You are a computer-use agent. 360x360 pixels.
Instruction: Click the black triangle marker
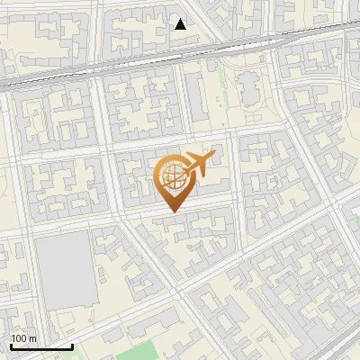tap(181, 24)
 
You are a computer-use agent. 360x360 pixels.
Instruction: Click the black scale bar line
tap(40, 346)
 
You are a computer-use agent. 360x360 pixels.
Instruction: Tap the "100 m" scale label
tap(23, 338)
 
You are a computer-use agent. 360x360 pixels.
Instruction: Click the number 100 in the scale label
tap(20, 338)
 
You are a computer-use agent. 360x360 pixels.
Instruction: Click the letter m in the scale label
tap(32, 338)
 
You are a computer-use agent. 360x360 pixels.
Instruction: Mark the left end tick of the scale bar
tap(11, 345)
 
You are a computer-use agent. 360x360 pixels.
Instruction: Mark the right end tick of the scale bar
tap(71, 345)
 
